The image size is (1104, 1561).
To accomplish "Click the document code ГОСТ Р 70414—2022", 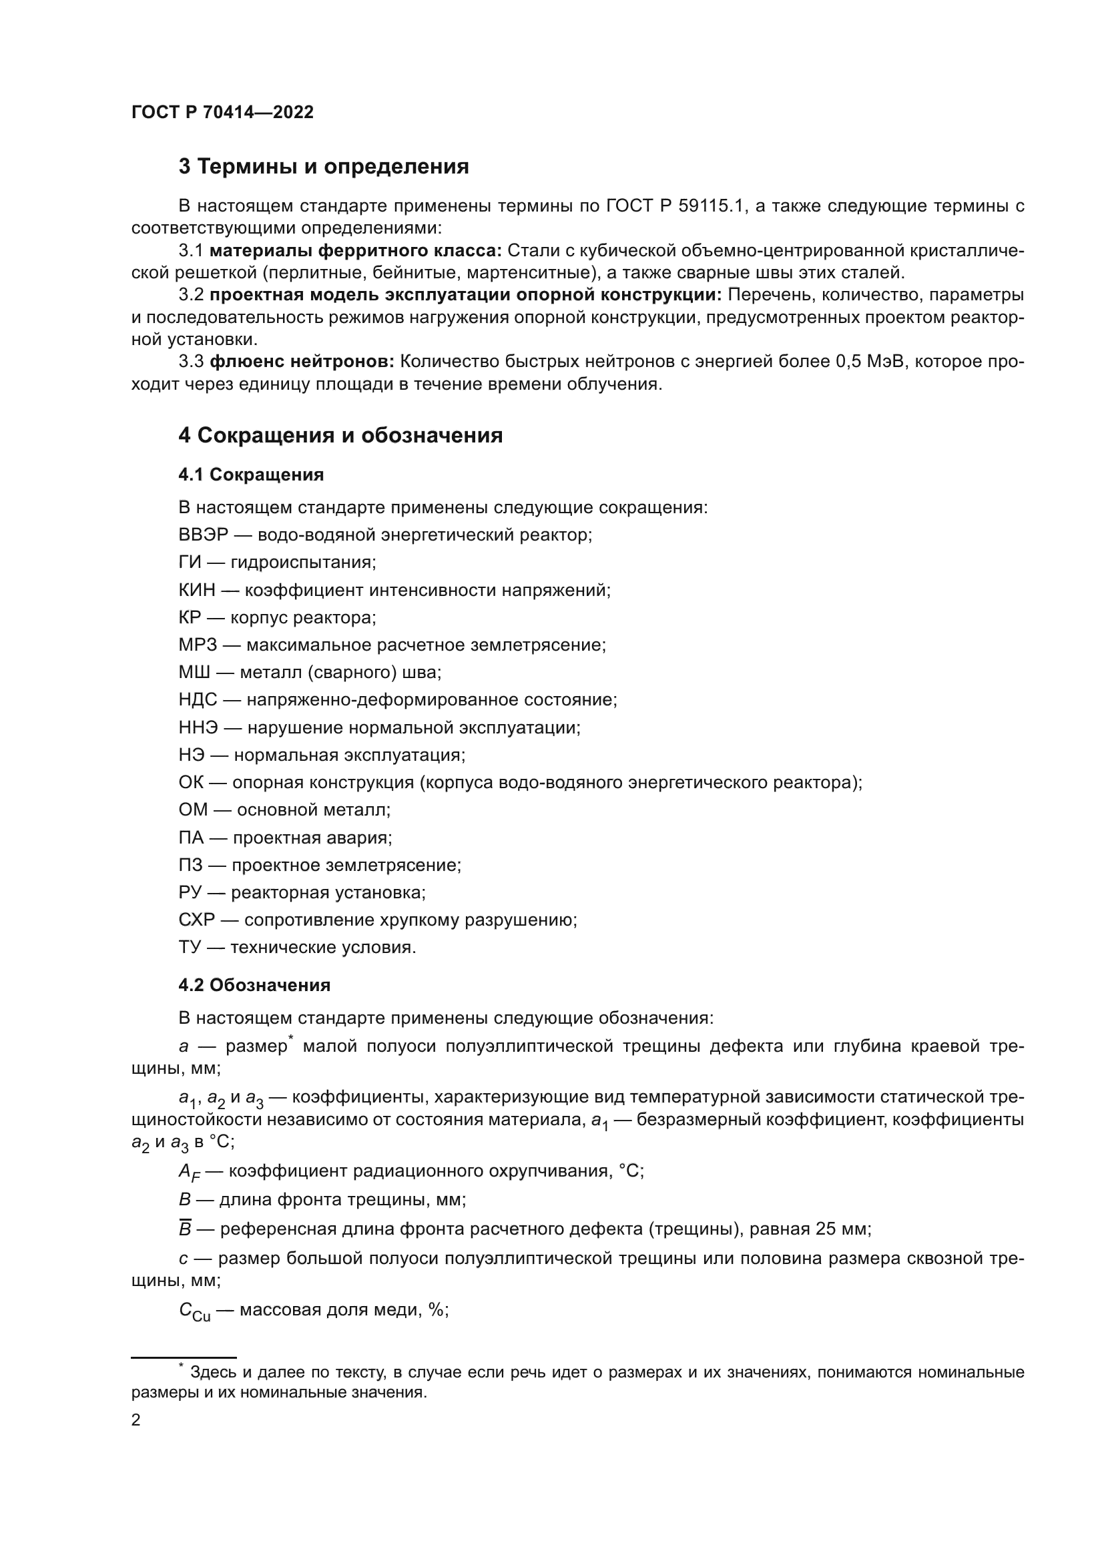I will (222, 113).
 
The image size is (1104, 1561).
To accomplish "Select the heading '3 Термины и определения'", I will (324, 167).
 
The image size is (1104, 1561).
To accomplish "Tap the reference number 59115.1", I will (713, 206).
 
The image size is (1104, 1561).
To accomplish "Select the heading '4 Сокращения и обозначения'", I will (340, 435).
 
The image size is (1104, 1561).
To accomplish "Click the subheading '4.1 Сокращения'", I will (251, 475).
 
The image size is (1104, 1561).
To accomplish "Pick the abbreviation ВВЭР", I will (204, 535).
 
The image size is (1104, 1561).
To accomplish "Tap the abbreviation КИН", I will (197, 590).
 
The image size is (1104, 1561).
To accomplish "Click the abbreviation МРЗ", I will (198, 645).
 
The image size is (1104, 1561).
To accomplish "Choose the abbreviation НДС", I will (198, 699).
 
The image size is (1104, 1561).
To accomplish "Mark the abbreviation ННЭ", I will (198, 728).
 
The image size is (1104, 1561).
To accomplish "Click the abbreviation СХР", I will (196, 920).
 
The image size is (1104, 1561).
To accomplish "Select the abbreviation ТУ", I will (190, 947).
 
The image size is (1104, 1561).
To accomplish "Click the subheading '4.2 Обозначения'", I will (254, 985).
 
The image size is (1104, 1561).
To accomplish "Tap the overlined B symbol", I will (185, 1229).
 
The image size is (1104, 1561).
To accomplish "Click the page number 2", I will (136, 1420).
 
